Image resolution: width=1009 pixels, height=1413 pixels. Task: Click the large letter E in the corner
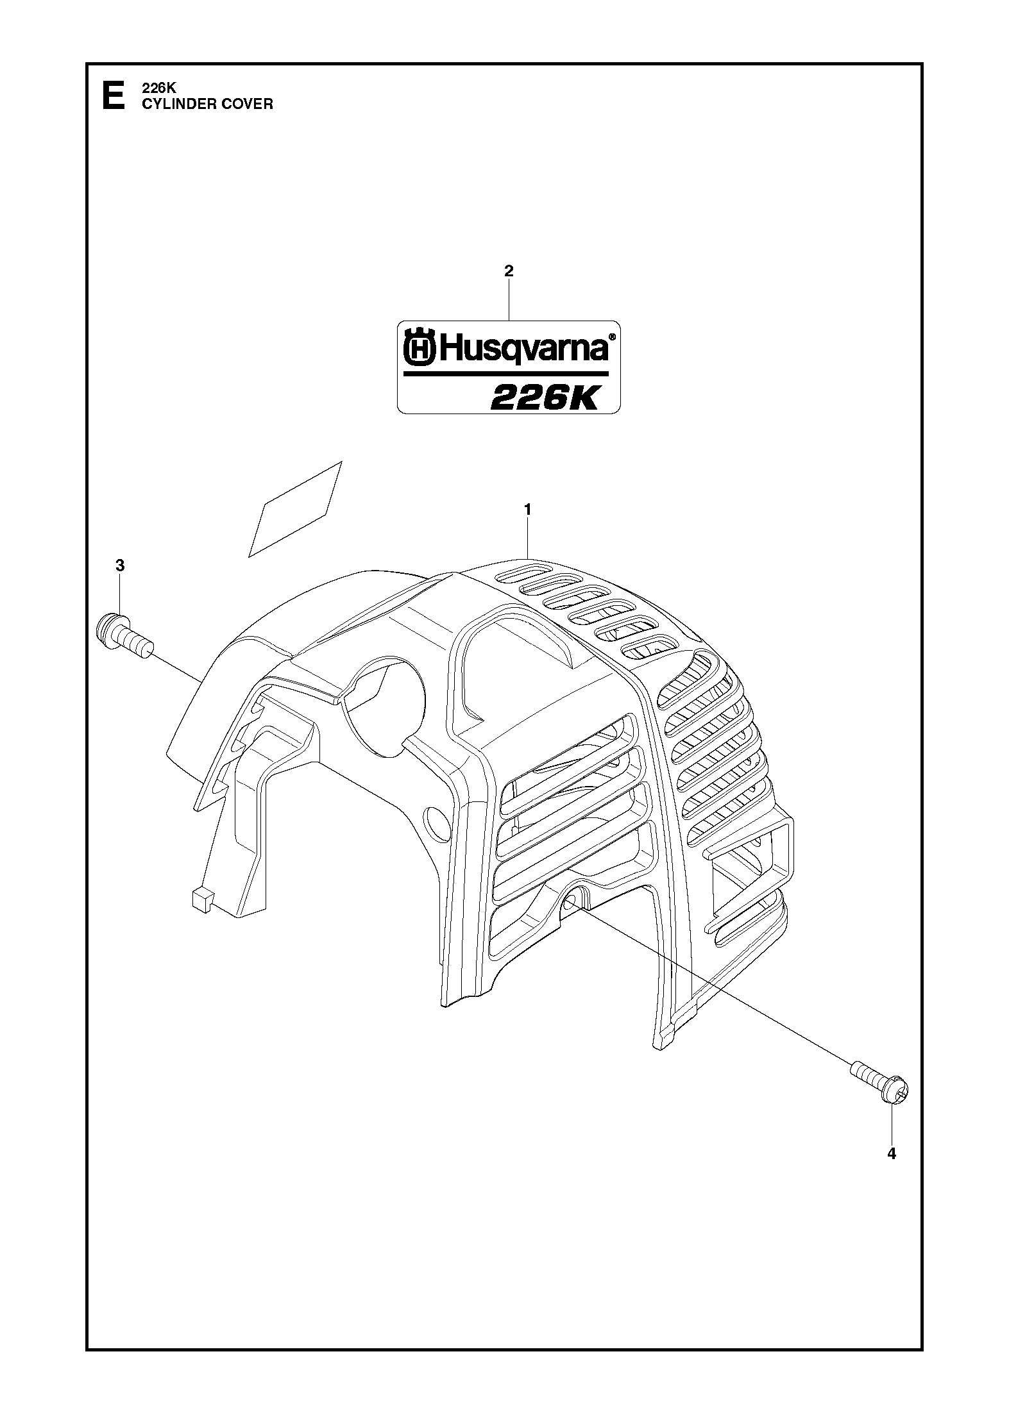(x=114, y=96)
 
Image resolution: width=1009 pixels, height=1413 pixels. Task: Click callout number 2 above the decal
(x=509, y=271)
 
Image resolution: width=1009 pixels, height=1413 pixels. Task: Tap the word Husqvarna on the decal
(x=523, y=349)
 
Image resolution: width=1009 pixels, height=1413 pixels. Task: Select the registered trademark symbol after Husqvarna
(x=612, y=337)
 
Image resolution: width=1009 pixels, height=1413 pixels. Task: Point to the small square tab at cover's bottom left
(x=201, y=899)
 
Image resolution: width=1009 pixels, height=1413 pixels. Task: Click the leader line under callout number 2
(x=509, y=300)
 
